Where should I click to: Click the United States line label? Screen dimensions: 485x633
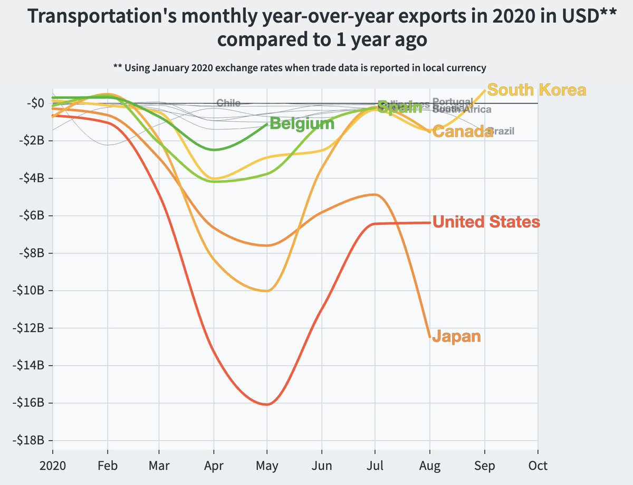(x=486, y=222)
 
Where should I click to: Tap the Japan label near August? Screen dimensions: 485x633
(x=456, y=336)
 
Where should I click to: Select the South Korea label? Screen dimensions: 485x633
(x=536, y=90)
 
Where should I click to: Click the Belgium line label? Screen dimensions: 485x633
(x=302, y=124)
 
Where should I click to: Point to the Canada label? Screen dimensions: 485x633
(x=462, y=132)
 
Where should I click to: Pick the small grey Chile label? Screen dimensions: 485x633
(x=228, y=103)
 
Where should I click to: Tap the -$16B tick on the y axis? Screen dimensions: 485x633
(x=28, y=403)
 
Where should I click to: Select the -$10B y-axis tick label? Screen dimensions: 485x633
(x=28, y=290)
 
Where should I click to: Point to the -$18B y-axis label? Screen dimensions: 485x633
(x=28, y=440)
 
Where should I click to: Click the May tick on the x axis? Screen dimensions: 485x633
(x=267, y=466)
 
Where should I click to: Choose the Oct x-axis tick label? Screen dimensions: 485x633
(x=538, y=466)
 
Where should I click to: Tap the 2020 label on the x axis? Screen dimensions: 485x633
(x=52, y=466)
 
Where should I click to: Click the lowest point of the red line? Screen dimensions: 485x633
(x=267, y=405)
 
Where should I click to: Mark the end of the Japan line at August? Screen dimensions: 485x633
(x=430, y=337)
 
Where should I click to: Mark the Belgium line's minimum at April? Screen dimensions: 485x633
(x=214, y=150)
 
